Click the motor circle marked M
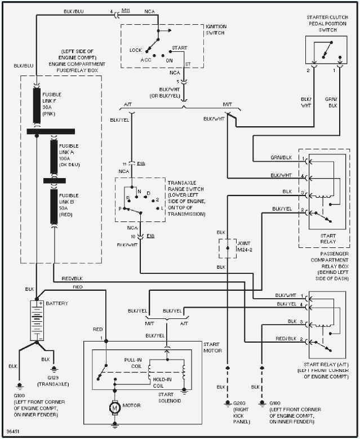pyautogui.click(x=114, y=407)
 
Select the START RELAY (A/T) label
pyautogui.click(x=325, y=365)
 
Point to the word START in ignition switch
pyautogui.click(x=179, y=48)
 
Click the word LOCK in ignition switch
pyautogui.click(x=136, y=50)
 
